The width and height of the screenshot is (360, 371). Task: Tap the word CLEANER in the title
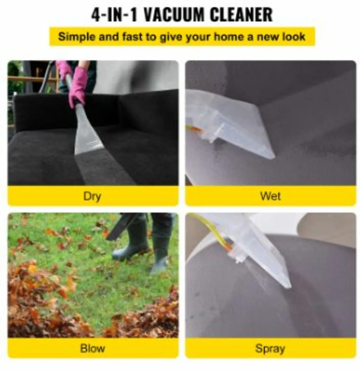[x=242, y=15]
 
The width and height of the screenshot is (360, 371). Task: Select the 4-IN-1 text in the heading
[x=114, y=15]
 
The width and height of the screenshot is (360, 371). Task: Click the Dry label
[x=92, y=196]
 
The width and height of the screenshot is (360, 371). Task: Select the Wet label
[x=271, y=196]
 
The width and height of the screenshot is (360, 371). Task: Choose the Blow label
[x=92, y=348]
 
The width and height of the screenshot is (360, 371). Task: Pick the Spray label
[x=270, y=349]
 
